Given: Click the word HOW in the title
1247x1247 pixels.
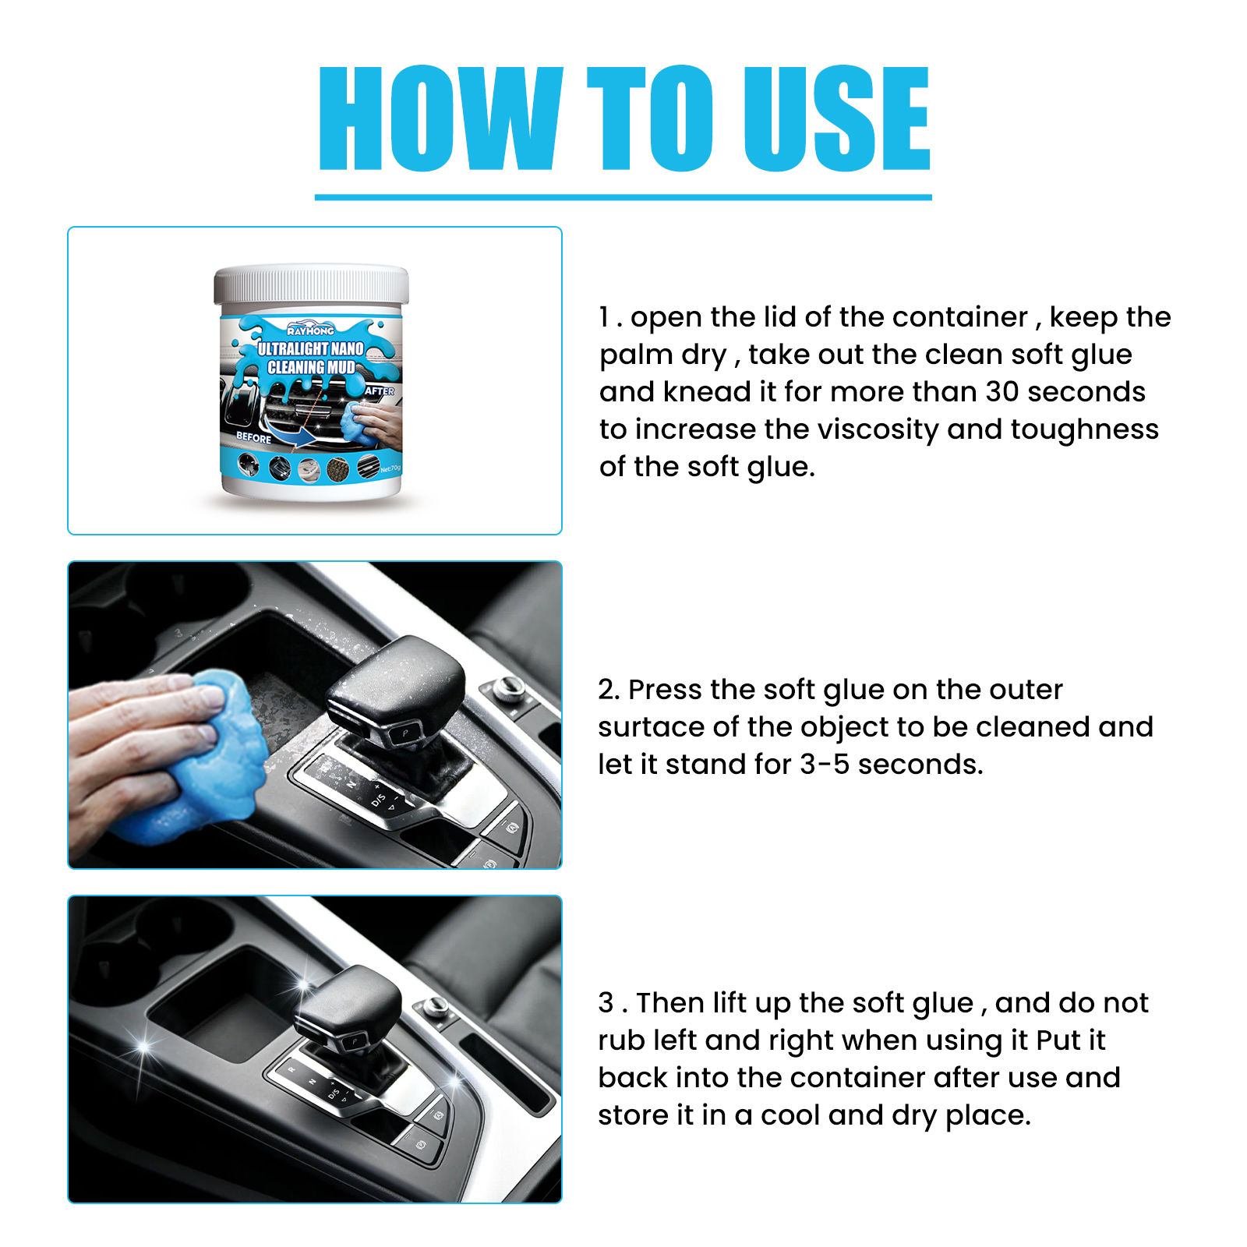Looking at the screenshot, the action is pyautogui.click(x=441, y=118).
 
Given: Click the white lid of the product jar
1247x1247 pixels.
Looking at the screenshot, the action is pyautogui.click(x=312, y=285).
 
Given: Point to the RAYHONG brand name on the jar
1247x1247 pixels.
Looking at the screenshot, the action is pyautogui.click(x=310, y=330).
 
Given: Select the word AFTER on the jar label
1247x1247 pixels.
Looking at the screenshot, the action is pyautogui.click(x=380, y=391).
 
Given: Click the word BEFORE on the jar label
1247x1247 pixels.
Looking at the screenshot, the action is pyautogui.click(x=254, y=437).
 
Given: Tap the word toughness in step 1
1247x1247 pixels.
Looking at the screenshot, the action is pyautogui.click(x=1085, y=430).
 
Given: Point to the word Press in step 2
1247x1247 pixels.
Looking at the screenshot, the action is pyautogui.click(x=665, y=690).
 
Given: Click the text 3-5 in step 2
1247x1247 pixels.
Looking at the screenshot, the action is pyautogui.click(x=825, y=765).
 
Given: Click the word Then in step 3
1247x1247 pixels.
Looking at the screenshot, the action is pyautogui.click(x=669, y=1003).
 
